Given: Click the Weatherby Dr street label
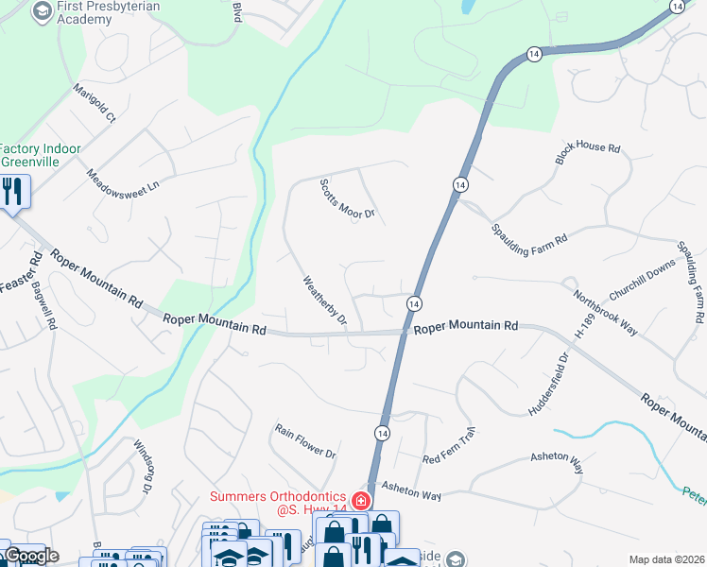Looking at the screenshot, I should [325, 301].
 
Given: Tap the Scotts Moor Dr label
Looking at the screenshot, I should [347, 199].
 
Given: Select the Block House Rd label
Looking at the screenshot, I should [587, 155].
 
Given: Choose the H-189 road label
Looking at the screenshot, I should [584, 328].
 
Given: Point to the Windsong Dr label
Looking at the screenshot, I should [143, 467].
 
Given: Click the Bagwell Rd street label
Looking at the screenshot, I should [44, 307].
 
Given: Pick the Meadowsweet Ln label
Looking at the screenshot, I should [124, 180].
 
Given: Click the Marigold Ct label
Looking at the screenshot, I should [95, 104].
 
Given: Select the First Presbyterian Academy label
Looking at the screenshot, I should [108, 12].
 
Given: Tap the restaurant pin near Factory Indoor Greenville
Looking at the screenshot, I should [12, 192].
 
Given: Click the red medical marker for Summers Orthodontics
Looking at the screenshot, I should [359, 500].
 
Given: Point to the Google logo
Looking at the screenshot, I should [30, 556].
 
